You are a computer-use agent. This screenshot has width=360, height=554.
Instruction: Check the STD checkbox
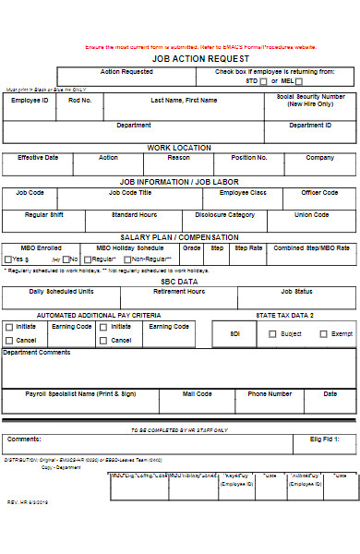pos(263,81)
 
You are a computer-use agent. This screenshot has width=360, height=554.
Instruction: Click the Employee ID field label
pos(30,101)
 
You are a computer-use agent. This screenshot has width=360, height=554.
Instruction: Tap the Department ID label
pos(306,126)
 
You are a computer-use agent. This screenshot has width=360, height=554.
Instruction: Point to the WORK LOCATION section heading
pos(179,148)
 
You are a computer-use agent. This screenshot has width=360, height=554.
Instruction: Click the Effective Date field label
pos(37,158)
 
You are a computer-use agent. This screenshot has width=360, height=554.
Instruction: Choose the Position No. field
pos(249,158)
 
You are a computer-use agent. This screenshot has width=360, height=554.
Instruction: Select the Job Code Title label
pos(130,193)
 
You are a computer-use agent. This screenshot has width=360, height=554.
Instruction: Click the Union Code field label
pos(311,215)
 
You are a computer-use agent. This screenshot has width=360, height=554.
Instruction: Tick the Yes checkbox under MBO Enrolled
pos(7,259)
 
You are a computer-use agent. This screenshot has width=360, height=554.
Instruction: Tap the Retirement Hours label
pos(179,291)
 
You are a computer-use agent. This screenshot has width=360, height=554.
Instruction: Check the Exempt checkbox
pos(322,333)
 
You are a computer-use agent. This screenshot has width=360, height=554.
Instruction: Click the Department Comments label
pos(37,352)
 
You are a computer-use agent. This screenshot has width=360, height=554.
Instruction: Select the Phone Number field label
pos(270,394)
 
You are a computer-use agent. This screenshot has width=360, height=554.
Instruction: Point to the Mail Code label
pos(197,394)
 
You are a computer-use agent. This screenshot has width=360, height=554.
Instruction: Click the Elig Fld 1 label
pos(323,440)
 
